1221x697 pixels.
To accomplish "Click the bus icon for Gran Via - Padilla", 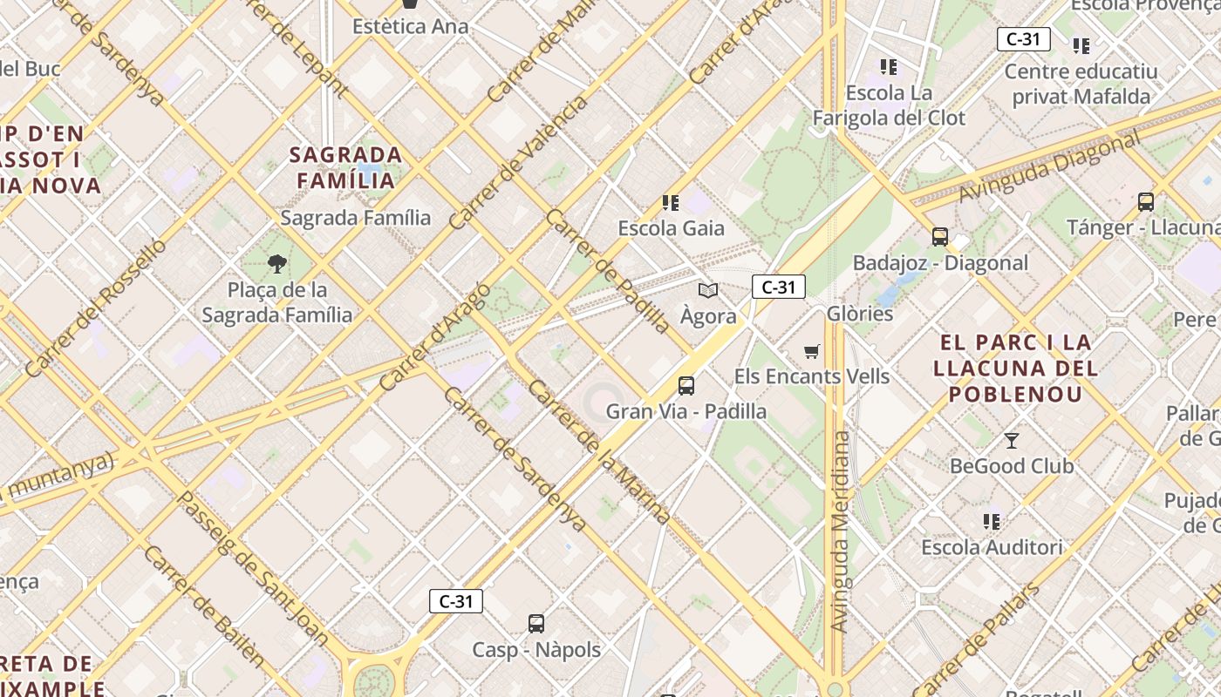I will [686, 385].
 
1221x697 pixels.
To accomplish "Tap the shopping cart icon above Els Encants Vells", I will [812, 351].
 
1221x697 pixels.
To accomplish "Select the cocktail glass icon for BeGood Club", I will [1011, 441].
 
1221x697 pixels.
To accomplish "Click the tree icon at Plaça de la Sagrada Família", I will [277, 263].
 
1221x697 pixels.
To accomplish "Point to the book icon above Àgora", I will [708, 291].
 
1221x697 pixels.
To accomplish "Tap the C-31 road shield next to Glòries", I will [778, 287].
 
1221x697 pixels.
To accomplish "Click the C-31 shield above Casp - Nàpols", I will [455, 601].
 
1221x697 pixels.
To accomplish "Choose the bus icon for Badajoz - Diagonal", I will [939, 237].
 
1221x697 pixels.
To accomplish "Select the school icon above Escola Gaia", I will [671, 203].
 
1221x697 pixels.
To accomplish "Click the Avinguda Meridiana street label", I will [840, 531].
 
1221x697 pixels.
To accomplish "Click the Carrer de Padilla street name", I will [607, 271].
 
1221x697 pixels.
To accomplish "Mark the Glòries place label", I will [860, 314].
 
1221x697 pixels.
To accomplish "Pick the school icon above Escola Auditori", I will [992, 522].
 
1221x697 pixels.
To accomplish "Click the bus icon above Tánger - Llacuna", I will [1146, 202].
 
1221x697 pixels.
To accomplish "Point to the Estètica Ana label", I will [410, 26].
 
